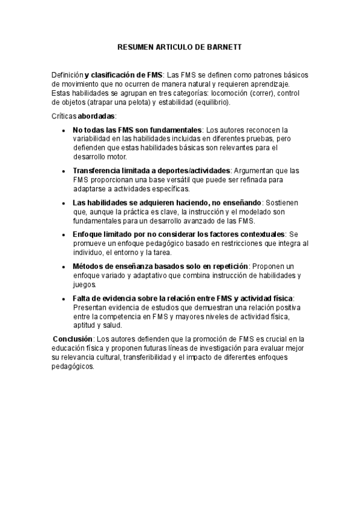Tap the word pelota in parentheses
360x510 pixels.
click(133, 102)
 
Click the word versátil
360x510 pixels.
click(163, 179)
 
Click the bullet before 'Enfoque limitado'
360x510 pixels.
click(64, 234)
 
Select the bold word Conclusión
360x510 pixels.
click(73, 339)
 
